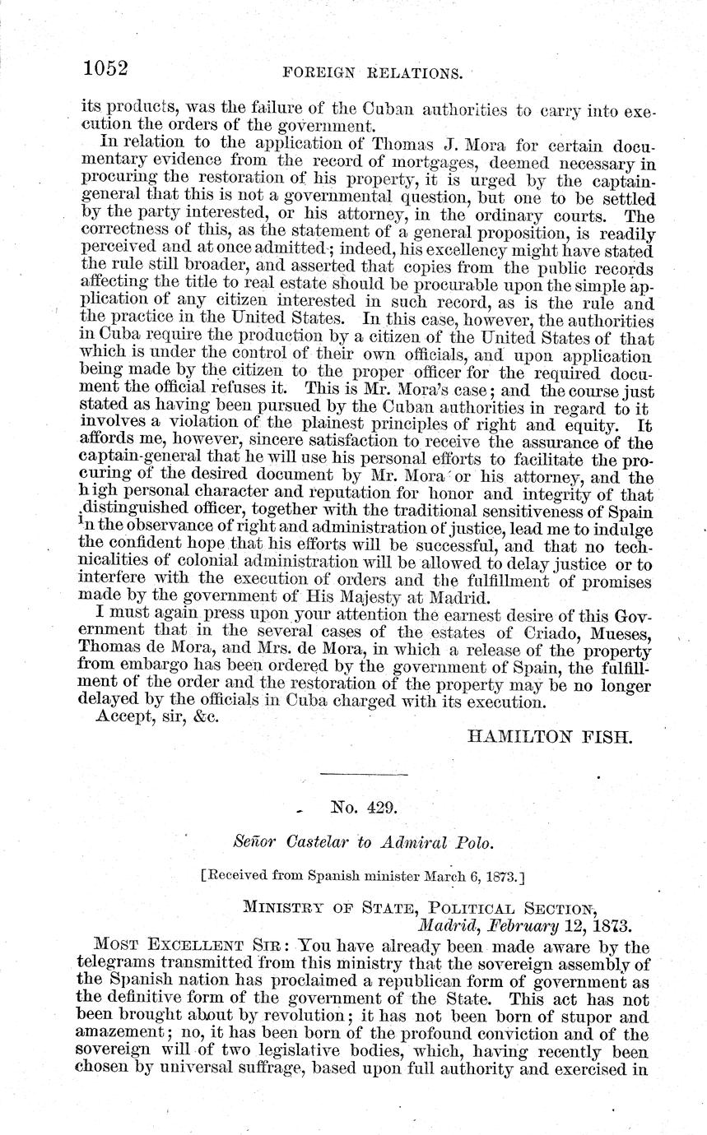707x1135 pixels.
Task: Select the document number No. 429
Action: (363, 808)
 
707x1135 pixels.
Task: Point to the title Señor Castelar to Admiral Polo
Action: (361, 841)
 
